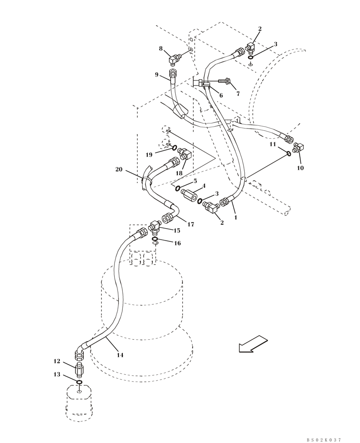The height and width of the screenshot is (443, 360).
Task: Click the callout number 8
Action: tap(160, 48)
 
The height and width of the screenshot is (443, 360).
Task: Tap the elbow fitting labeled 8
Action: tap(175, 58)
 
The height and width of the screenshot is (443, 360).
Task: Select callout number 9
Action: tap(157, 75)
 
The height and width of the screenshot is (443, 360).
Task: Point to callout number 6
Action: tap(221, 95)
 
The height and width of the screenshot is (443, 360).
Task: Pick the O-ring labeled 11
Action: tap(288, 153)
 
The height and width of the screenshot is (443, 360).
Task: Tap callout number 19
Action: tap(149, 155)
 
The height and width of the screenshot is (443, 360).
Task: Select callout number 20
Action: tap(118, 169)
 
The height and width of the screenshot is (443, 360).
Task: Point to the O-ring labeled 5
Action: tap(177, 188)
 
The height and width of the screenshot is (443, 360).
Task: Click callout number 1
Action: tap(235, 218)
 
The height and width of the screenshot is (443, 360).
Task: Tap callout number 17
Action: tap(191, 225)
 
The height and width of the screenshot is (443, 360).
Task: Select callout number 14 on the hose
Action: tap(120, 355)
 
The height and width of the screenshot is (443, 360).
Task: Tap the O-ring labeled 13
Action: tap(78, 382)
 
